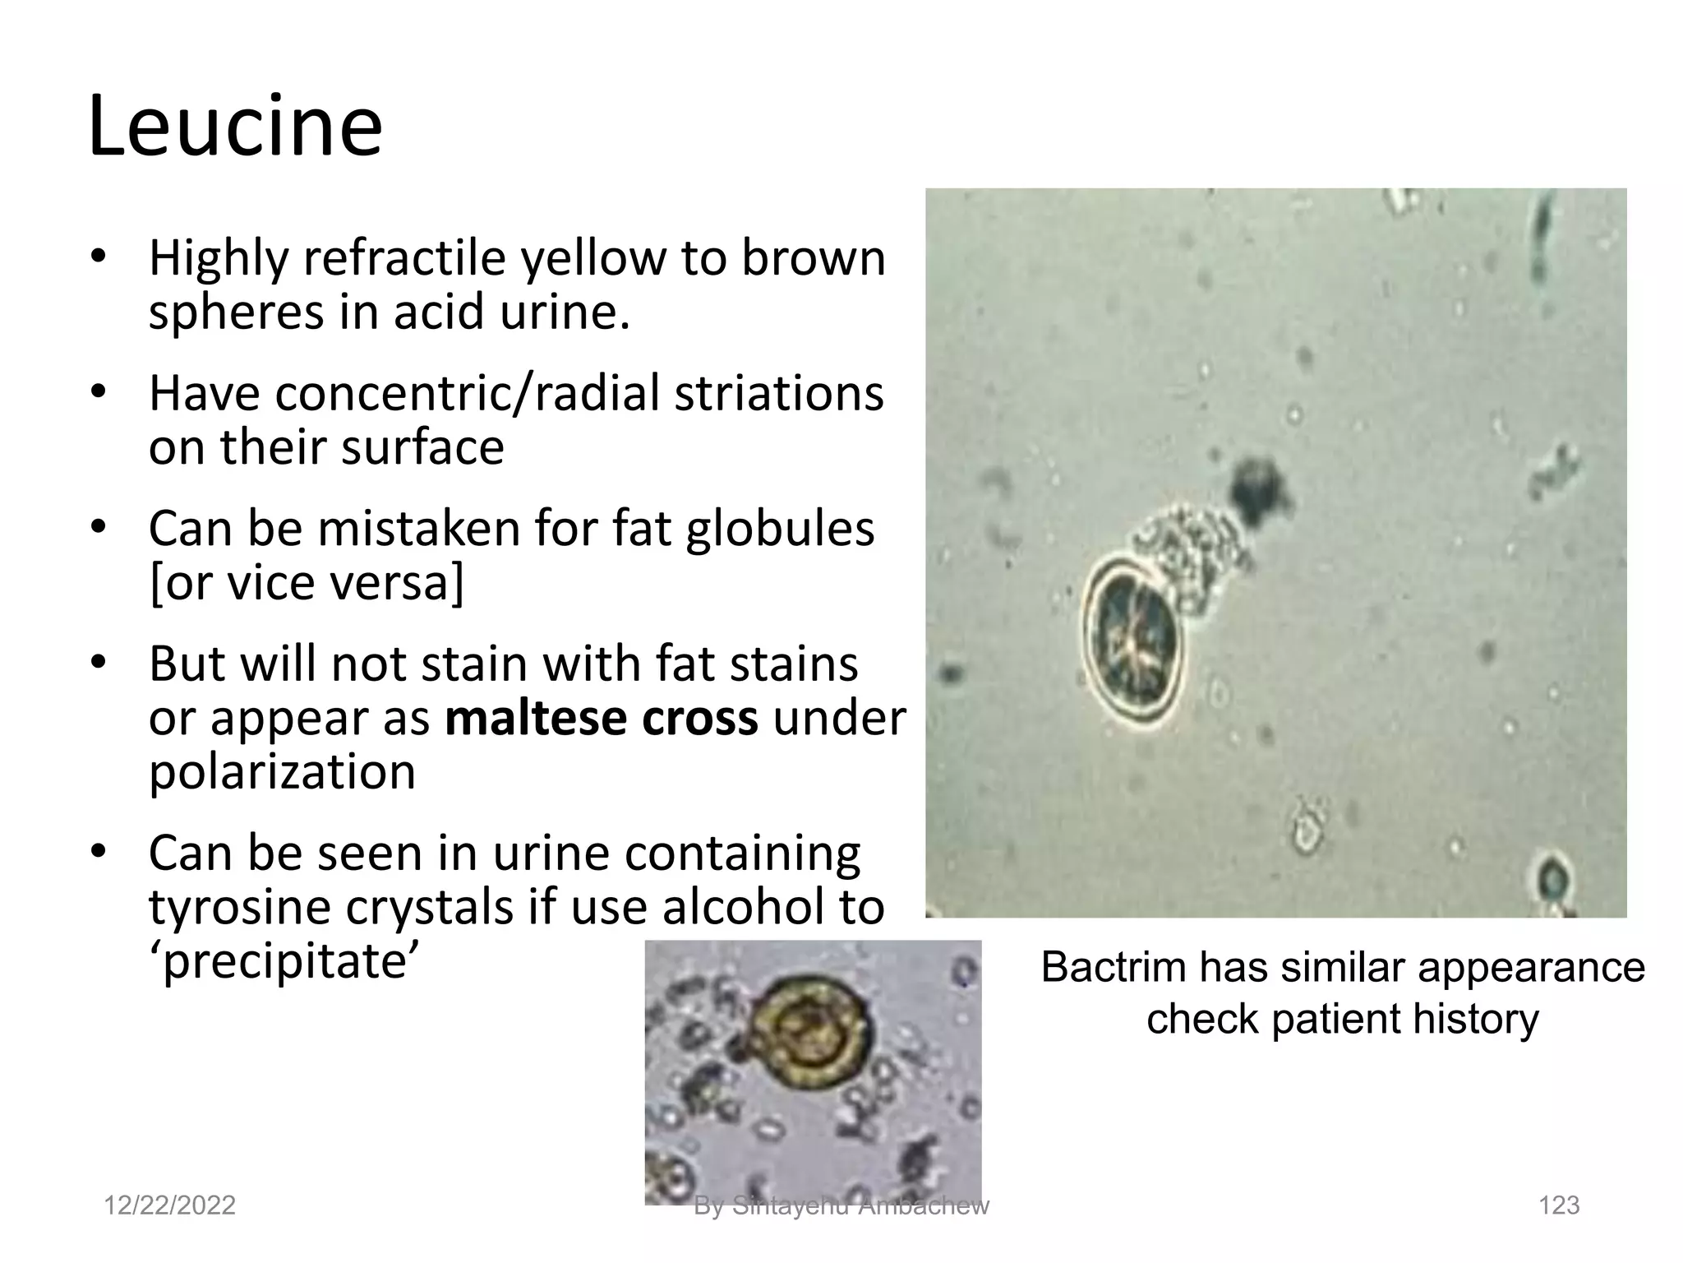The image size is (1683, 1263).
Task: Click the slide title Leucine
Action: click(x=235, y=127)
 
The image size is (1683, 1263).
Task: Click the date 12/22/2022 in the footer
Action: click(x=169, y=1205)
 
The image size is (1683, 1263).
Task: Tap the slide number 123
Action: click(x=1558, y=1205)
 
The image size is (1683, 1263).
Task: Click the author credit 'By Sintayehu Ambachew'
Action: click(x=841, y=1206)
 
